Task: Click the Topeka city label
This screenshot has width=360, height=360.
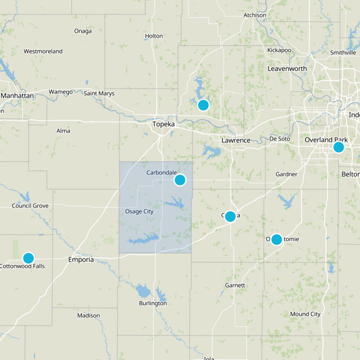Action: tap(163, 124)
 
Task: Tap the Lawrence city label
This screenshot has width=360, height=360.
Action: tap(236, 140)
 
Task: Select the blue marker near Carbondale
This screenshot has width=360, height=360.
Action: tap(180, 180)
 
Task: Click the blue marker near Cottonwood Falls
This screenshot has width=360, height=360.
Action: tap(28, 258)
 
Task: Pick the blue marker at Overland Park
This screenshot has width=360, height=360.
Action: tap(338, 147)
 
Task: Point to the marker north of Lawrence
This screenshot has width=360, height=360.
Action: tap(203, 105)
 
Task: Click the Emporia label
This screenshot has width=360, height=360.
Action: tap(81, 260)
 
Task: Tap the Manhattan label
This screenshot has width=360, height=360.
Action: tap(18, 96)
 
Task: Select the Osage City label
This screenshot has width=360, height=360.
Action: tap(139, 211)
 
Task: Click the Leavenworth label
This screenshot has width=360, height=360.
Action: tap(287, 69)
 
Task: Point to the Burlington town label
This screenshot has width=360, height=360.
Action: tap(153, 303)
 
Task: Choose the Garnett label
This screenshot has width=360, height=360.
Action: tap(235, 285)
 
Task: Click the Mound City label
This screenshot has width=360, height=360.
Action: tap(305, 314)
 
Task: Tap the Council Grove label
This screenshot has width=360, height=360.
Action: tap(30, 206)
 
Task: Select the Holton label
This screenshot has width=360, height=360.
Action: tap(154, 36)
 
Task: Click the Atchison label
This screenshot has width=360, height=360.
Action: tap(255, 15)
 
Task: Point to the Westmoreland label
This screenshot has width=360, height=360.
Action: tap(43, 51)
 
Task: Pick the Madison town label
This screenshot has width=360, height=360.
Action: tap(88, 315)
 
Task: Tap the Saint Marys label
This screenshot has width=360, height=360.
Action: tap(99, 94)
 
